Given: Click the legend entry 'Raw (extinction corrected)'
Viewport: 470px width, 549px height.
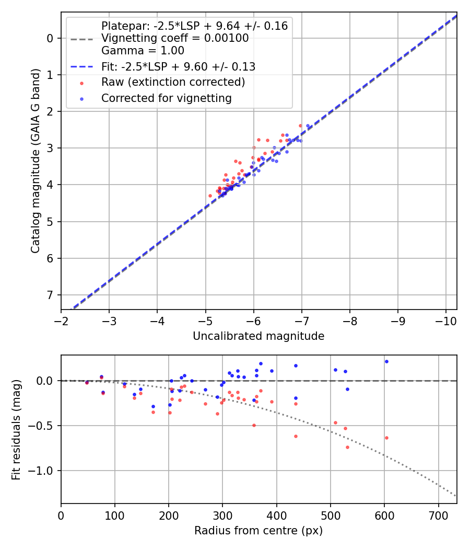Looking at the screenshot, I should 173,82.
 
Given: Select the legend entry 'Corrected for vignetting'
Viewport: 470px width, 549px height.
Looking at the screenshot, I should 166,98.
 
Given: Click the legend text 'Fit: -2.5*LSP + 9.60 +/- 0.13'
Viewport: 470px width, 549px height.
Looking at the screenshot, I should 178,67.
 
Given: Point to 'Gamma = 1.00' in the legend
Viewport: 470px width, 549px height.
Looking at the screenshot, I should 143,51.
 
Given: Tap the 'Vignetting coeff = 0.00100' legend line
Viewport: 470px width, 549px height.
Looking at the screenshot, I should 175,38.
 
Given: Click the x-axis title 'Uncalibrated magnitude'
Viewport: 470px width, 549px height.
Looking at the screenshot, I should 258,336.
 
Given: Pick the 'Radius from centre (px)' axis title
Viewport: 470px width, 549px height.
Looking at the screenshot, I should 258,531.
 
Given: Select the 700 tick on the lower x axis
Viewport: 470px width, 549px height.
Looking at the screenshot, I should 438,514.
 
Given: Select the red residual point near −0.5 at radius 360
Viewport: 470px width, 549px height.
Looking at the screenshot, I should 254,425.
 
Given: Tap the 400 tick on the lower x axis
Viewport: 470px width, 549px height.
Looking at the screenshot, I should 276,514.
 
